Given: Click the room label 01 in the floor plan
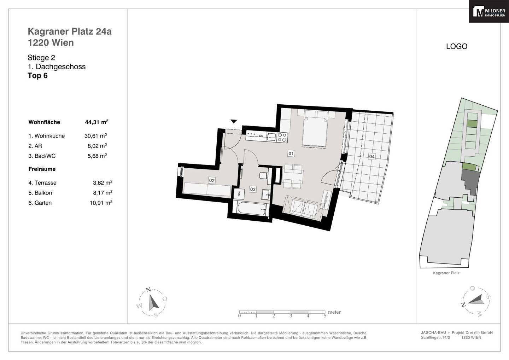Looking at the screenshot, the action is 291,153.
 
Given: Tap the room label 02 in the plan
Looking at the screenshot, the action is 211,180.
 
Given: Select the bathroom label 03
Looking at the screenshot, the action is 253,189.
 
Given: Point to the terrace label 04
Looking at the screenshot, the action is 372,157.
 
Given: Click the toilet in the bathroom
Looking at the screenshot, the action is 264,175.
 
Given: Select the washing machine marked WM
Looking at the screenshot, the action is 239,194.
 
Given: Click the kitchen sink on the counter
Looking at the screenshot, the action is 271,137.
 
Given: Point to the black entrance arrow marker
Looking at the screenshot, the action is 234,121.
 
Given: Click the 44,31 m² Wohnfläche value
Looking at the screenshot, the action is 96,122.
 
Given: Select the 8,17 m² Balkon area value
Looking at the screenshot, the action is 103,193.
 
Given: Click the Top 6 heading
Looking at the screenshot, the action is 38,75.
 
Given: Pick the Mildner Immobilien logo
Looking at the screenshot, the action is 489,11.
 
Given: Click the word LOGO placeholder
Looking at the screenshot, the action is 457,46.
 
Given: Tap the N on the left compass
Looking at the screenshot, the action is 148,290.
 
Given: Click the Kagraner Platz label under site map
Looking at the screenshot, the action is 446,273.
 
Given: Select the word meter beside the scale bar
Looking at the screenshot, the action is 334,312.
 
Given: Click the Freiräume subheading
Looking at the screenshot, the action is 42,169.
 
